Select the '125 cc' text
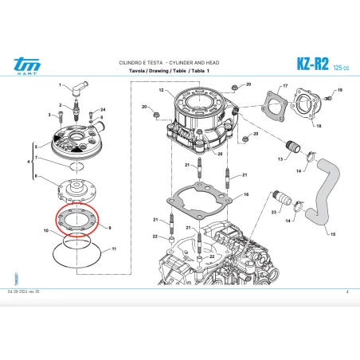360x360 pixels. tap(340, 66)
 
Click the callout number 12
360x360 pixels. tap(159, 92)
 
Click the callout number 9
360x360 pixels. tap(109, 228)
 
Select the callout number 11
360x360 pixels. tap(114, 249)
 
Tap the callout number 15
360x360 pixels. tap(333, 234)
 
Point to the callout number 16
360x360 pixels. tap(247, 194)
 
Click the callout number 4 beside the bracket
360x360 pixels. tap(29, 162)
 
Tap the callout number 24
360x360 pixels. tap(103, 108)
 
